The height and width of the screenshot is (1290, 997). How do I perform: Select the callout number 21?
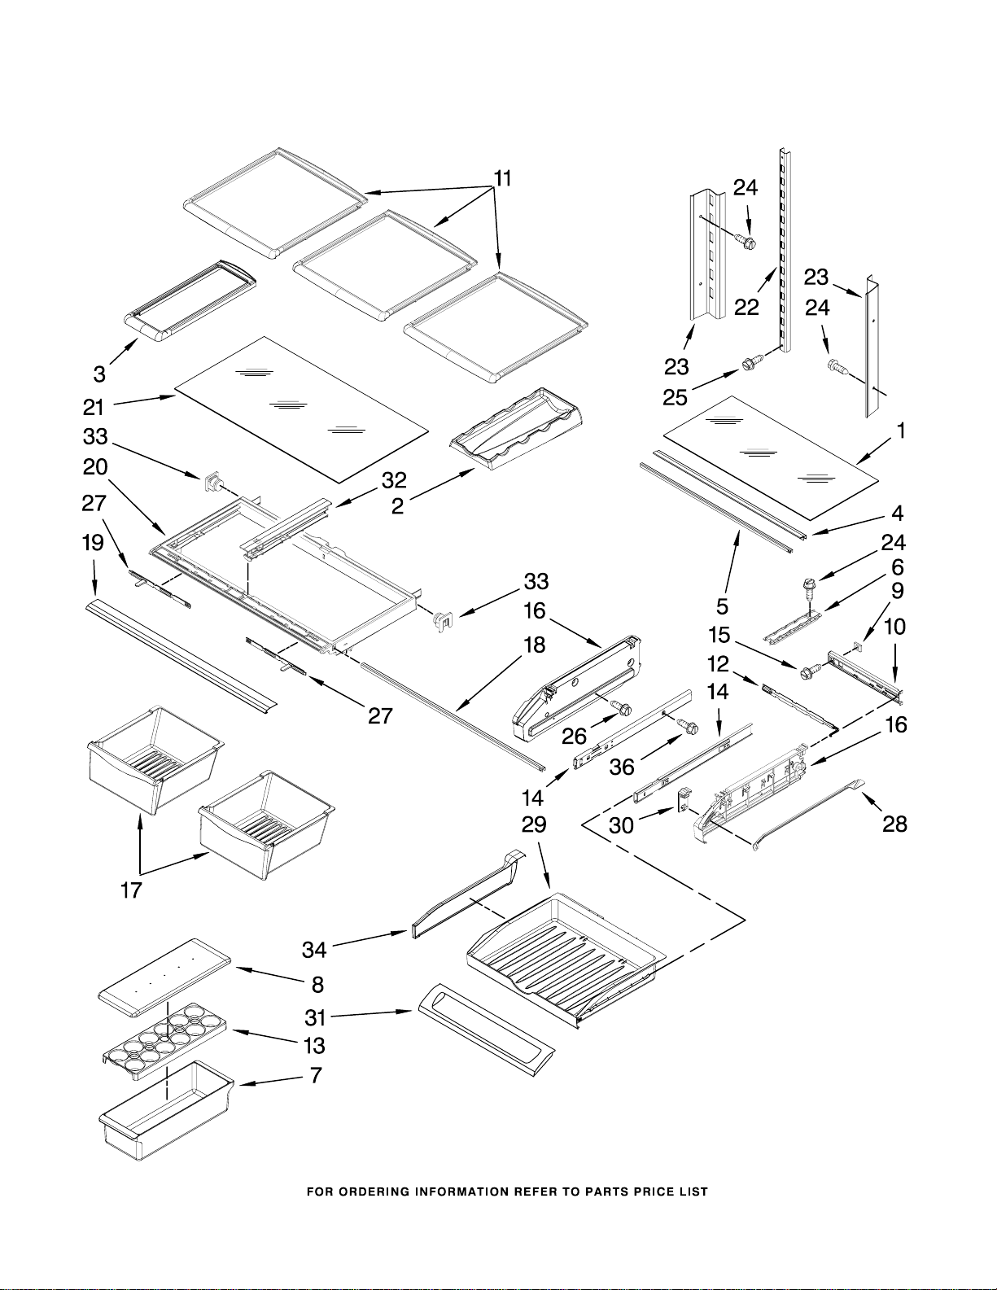click(x=94, y=407)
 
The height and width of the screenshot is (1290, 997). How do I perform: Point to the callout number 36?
click(x=622, y=767)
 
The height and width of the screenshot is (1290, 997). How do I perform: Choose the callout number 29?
click(x=534, y=824)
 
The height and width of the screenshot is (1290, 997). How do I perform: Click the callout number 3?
click(x=99, y=374)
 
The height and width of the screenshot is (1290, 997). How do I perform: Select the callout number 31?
click(x=315, y=1018)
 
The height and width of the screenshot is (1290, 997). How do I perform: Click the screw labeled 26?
click(x=623, y=707)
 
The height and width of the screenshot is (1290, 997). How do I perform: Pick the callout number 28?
click(x=895, y=824)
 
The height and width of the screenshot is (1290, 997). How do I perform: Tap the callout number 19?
click(x=93, y=542)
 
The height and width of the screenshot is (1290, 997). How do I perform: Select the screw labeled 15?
click(x=807, y=672)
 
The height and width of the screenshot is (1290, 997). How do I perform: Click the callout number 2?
click(x=398, y=505)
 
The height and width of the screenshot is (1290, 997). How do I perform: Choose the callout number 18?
click(x=535, y=645)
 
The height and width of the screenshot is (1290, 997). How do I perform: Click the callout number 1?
click(x=901, y=431)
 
